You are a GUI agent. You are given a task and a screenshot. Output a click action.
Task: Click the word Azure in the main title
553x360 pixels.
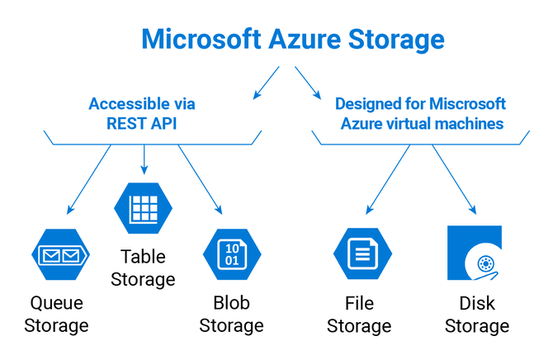point(302,39)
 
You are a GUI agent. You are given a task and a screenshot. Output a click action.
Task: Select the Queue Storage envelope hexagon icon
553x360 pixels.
point(56,256)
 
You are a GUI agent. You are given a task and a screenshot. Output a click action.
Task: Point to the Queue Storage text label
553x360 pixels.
point(56,314)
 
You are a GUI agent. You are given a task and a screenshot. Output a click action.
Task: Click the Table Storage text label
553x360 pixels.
point(147,268)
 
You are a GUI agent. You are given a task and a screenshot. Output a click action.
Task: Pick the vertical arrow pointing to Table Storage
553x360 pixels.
point(145,159)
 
